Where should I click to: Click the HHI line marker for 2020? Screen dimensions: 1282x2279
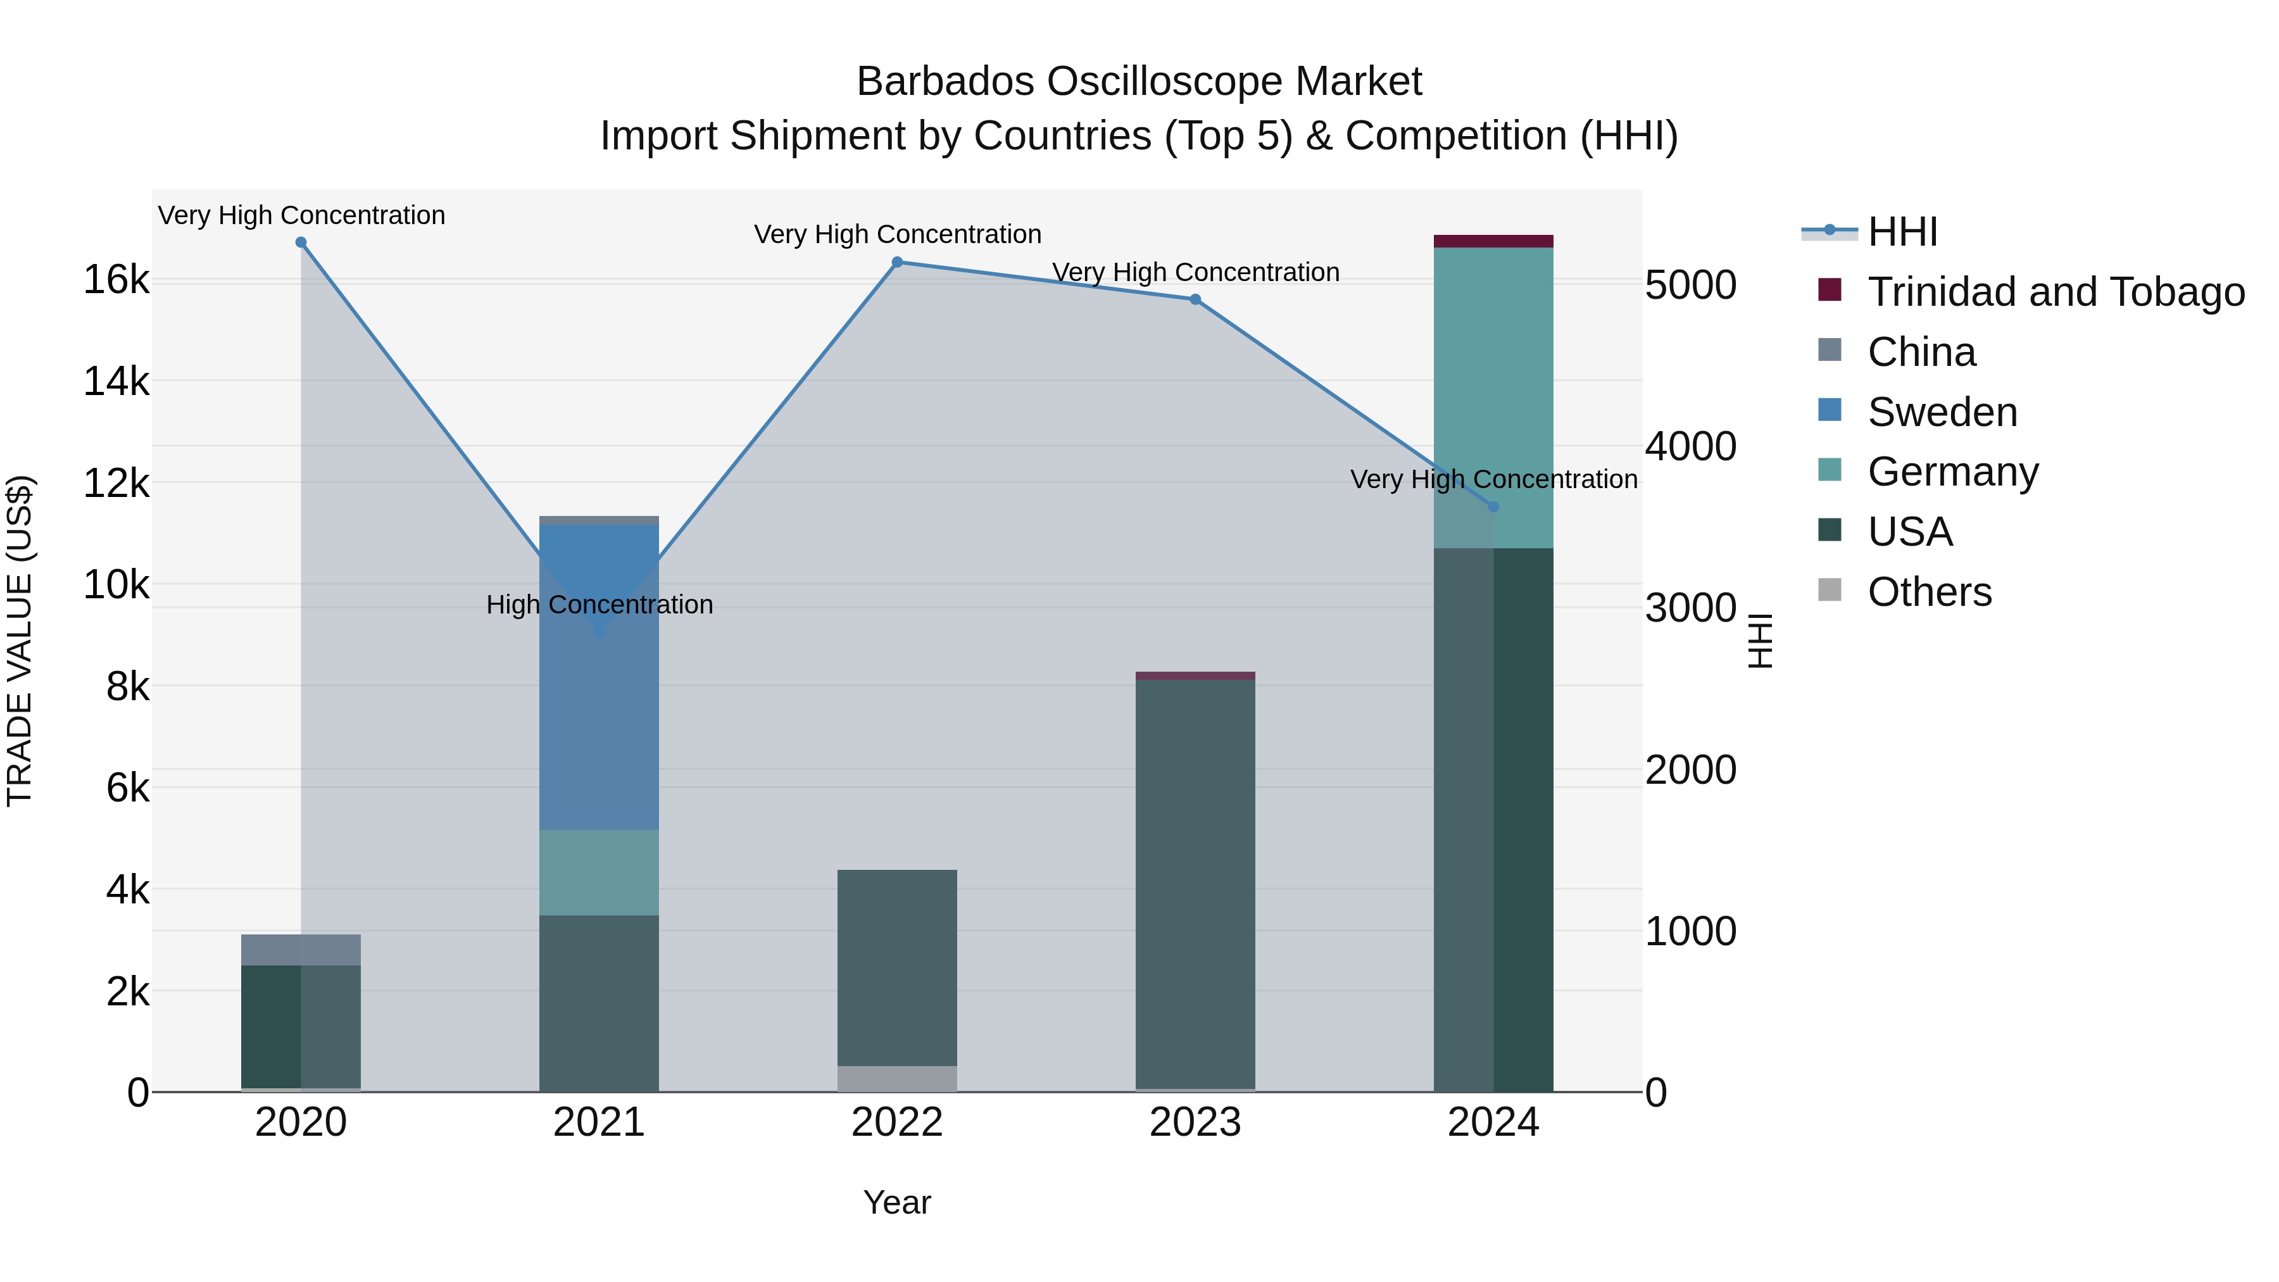coord(301,242)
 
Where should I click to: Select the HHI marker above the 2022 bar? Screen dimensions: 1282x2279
coord(897,262)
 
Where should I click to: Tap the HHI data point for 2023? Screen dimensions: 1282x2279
coord(1195,299)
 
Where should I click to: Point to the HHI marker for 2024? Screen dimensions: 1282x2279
coord(1493,507)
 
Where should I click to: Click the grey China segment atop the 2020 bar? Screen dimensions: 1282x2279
coord(301,950)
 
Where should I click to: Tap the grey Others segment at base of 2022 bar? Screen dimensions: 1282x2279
coord(897,1079)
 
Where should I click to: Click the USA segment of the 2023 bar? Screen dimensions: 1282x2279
coord(1195,885)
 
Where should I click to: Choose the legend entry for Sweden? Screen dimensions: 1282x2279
coord(1942,412)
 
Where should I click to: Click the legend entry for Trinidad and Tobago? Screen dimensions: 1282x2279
coord(2055,292)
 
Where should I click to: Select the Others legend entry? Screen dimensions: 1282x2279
coord(1929,592)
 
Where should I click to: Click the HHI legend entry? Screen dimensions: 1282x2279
coord(1902,232)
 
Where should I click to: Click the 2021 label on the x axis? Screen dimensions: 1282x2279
coord(599,1122)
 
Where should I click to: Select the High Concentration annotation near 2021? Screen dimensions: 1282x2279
coord(599,605)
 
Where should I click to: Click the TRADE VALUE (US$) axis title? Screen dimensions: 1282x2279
coord(20,641)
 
